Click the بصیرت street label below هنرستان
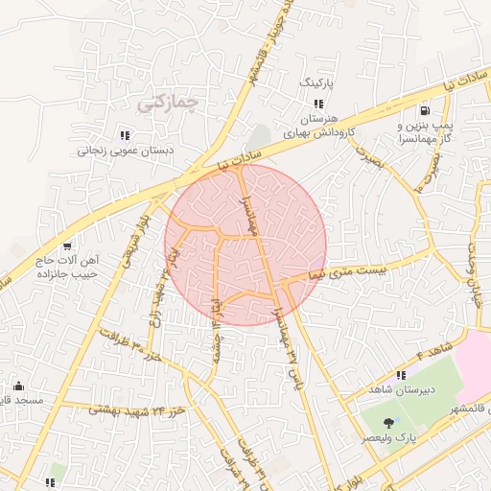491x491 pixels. (x=364, y=155)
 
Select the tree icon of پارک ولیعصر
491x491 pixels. (x=388, y=423)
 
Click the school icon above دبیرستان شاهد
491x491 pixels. (x=402, y=376)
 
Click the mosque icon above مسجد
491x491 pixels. (x=19, y=386)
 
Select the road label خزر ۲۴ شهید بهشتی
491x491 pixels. (x=134, y=409)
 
